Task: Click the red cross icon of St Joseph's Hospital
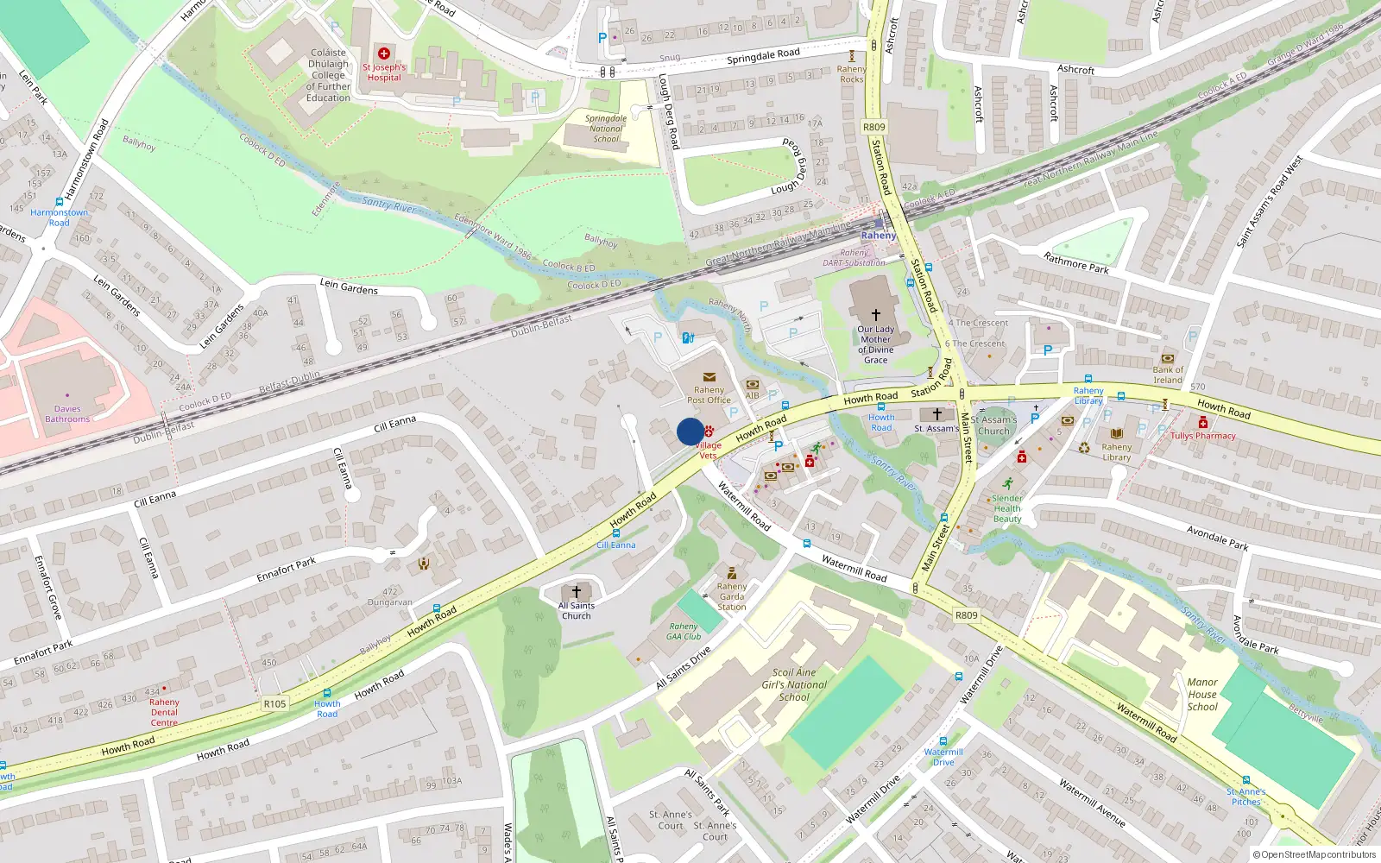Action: tap(384, 54)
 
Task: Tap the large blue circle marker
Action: tap(690, 431)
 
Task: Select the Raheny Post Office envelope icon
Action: tap(709, 377)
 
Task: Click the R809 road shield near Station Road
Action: tap(873, 127)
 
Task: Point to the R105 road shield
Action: tap(274, 704)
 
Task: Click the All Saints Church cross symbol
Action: tap(577, 592)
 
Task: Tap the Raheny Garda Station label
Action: tap(731, 596)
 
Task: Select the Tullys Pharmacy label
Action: tap(1203, 436)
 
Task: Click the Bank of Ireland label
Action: tap(1168, 375)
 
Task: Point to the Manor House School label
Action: tap(1201, 694)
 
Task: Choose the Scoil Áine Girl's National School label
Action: tap(794, 684)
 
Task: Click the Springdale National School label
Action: tap(606, 129)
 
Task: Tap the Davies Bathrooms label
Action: tap(67, 414)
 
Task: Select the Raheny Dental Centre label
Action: tap(164, 712)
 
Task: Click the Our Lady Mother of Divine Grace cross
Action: tap(875, 316)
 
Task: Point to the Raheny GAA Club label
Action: tap(684, 632)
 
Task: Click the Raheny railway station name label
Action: tap(879, 236)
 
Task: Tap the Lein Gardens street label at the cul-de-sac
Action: tap(349, 286)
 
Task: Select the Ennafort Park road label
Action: tap(287, 570)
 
